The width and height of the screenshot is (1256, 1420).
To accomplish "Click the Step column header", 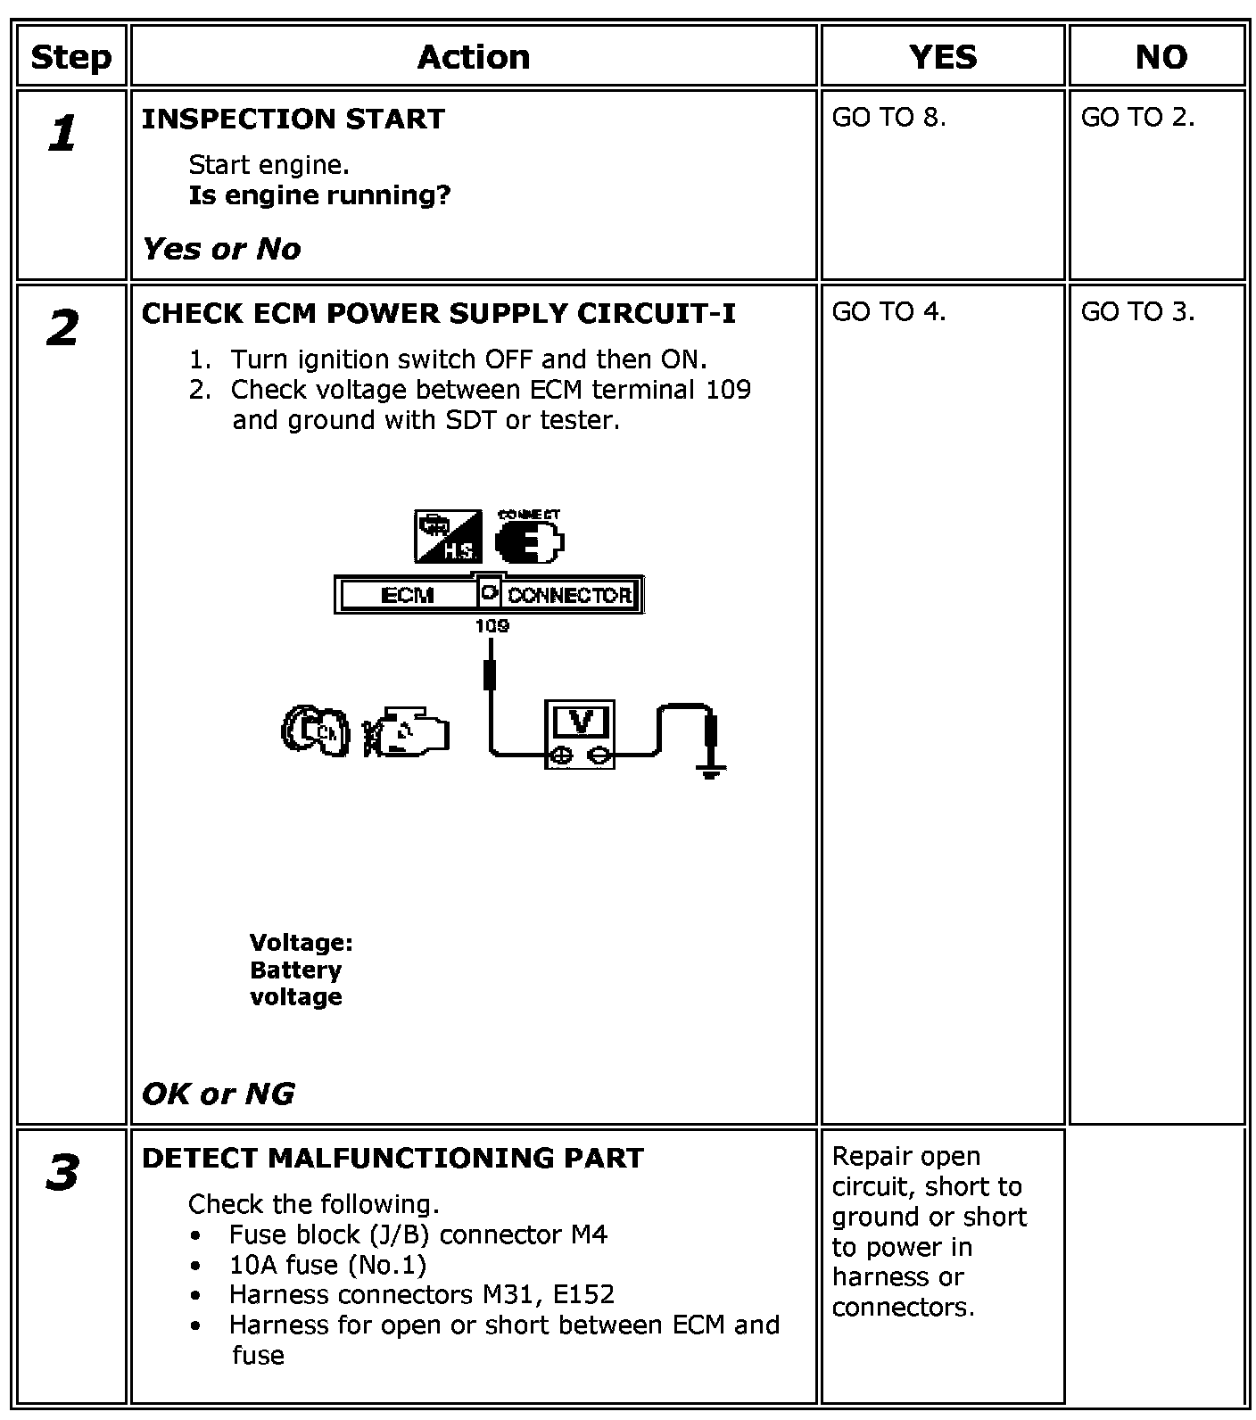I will click(70, 57).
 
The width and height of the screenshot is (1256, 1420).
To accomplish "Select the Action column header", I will click(474, 57).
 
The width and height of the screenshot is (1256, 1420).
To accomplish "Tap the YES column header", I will click(942, 57).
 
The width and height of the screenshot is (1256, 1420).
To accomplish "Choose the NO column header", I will click(1161, 57).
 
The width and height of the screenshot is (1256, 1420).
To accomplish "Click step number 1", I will click(62, 134).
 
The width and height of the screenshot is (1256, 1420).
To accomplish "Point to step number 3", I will click(62, 1172).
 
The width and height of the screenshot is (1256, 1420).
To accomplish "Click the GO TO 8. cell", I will click(888, 118).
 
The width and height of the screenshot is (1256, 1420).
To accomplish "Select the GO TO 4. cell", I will click(888, 312).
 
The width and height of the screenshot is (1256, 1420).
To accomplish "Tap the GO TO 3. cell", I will click(1137, 312).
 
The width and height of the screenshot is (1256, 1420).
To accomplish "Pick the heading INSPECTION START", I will click(293, 120).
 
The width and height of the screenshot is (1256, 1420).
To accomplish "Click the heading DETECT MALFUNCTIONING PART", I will click(392, 1158).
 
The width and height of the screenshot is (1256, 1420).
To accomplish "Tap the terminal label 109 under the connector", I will click(492, 626).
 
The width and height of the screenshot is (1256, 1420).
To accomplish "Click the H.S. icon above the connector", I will click(448, 537).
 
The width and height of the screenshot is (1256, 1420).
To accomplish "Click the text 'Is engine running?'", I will click(319, 195).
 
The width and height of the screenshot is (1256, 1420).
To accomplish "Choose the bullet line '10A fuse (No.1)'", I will click(327, 1265).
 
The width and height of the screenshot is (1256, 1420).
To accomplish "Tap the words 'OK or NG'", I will click(218, 1094).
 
